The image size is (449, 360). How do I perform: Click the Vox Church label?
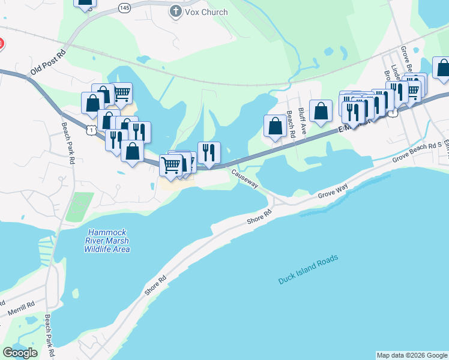coord(206,12)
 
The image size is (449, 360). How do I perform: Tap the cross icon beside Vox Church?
coord(176,12)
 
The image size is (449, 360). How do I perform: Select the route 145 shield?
coord(124,7)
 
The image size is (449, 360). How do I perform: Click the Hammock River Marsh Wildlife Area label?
coord(108,241)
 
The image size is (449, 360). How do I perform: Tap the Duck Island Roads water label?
coord(309,270)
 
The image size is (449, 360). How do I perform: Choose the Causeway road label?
coord(246,178)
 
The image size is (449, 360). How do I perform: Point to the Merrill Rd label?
coord(22,309)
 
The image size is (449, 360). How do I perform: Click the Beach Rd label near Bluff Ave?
coord(291,124)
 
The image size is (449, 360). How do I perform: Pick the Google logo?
coord(20,353)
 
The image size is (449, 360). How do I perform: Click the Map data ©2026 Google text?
coord(412,355)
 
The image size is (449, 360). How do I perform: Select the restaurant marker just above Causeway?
coord(209,152)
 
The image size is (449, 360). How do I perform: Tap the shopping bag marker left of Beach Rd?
coord(275,125)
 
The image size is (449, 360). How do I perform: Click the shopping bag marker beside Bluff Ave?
coord(321,110)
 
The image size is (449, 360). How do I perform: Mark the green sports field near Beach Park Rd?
coord(79,207)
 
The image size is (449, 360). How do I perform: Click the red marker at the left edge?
coord(1,44)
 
